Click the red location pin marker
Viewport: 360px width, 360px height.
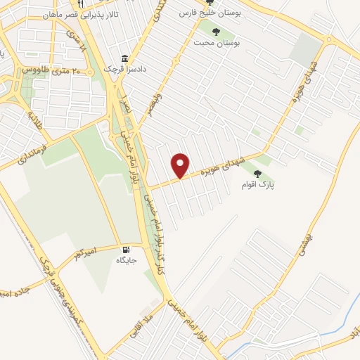[x=181, y=166]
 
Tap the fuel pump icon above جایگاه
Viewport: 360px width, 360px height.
[x=126, y=249]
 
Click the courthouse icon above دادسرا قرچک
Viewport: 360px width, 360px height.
[x=125, y=58]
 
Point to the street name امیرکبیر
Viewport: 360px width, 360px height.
[x=88, y=250]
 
